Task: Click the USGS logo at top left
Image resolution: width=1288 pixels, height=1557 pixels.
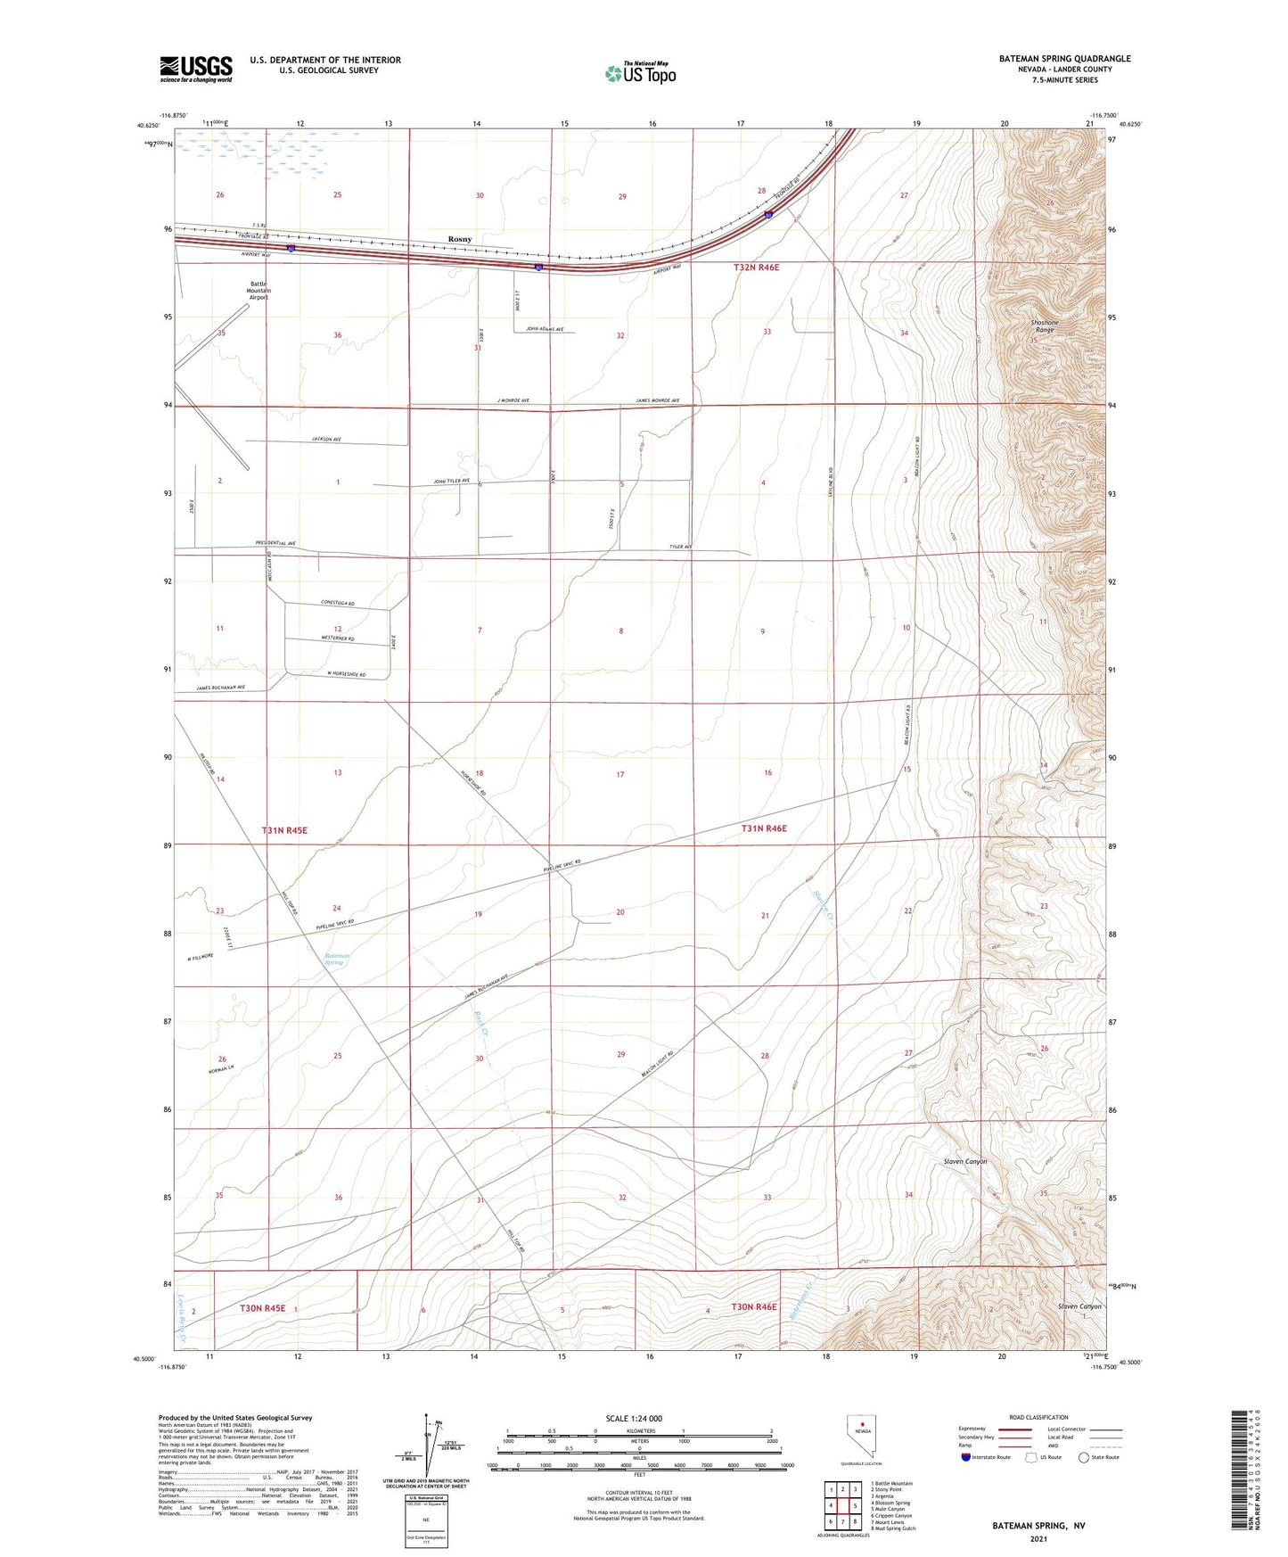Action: tap(196, 68)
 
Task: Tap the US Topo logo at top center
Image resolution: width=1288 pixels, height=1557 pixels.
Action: tap(640, 72)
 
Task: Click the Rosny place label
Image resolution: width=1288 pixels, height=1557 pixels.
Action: tap(460, 239)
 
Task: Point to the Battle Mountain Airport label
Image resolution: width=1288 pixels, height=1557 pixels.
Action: tap(259, 291)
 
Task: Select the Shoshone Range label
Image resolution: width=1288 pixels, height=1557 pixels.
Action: tap(1044, 326)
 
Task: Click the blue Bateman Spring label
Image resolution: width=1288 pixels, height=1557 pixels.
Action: tap(334, 959)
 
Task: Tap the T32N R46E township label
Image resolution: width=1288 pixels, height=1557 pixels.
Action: tap(762, 268)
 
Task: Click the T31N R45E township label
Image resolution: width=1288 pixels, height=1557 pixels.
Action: tap(284, 830)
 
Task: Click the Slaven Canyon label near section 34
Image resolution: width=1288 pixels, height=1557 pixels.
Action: tap(965, 1162)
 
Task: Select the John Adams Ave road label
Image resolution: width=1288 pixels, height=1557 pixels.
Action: tap(545, 329)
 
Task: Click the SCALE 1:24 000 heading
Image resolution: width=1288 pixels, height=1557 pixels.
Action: tap(634, 1418)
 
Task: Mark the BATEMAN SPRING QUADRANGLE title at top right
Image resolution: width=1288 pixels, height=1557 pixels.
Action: tap(1064, 59)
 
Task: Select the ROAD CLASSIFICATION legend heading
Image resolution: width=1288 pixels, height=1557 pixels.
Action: tap(1038, 1417)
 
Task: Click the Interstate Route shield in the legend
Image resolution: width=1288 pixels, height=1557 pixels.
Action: tap(966, 1457)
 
